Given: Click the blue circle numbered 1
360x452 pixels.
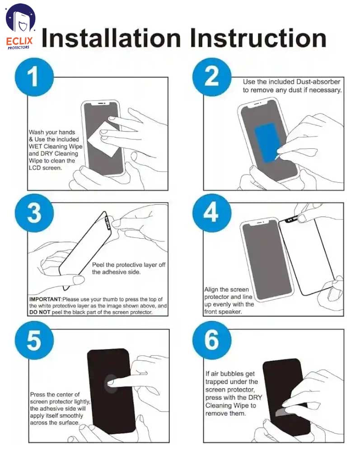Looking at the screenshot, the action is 34,77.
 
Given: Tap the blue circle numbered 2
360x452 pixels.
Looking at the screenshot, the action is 212,77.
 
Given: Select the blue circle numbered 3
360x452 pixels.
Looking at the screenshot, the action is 34,213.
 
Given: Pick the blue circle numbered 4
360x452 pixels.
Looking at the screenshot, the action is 212,213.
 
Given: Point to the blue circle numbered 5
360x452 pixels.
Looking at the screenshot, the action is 34,340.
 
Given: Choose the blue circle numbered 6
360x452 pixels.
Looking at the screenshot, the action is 212,340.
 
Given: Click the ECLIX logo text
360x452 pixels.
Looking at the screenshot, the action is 19,41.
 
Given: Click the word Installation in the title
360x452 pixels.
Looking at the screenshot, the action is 111,38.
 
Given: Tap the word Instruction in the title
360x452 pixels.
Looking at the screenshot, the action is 258,38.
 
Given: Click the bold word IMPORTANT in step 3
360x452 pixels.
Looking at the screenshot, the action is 45,299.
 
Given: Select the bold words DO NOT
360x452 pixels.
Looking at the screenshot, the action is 40,312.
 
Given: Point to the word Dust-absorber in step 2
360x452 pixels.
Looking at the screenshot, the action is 318,82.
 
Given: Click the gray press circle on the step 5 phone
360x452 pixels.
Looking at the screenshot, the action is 111,384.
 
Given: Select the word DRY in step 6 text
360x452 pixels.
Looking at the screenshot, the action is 255,397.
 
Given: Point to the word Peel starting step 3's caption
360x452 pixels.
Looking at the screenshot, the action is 98,264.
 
